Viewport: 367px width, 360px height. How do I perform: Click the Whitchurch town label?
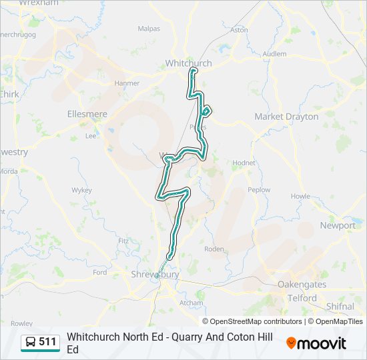tap(188, 63)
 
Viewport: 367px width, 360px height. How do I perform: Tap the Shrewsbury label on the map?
tap(155, 275)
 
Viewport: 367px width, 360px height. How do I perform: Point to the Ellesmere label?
tap(87, 114)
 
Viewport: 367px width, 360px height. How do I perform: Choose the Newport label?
tap(338, 225)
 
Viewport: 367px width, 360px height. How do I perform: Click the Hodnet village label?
tap(244, 163)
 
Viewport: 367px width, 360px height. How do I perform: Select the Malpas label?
tap(149, 29)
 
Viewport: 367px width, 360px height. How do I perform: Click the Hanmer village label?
tap(127, 83)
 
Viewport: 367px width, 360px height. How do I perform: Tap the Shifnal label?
tap(341, 306)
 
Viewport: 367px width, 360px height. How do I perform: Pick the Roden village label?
tap(214, 249)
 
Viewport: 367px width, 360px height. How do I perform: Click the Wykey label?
tap(81, 190)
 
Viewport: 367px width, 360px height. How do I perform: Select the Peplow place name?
tap(259, 190)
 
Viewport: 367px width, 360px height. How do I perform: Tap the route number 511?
tap(48, 342)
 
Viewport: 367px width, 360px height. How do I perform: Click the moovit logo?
tap(316, 343)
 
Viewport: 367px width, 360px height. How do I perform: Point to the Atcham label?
tap(191, 302)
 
